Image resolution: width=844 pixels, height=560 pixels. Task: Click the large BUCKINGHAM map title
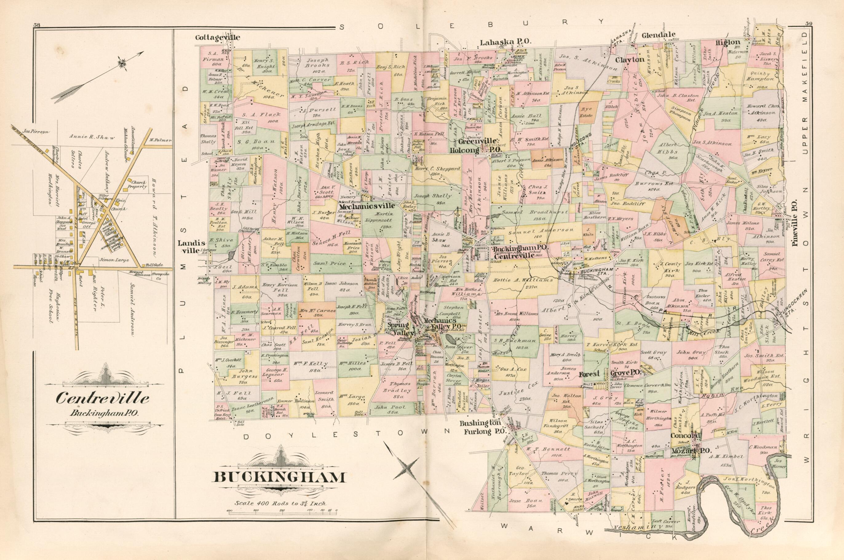coord(279,478)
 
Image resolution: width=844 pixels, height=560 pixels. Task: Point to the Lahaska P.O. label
coord(505,42)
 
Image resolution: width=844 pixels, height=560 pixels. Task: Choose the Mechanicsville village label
coord(367,206)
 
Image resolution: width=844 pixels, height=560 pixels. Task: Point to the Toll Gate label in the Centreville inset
coord(147,265)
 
